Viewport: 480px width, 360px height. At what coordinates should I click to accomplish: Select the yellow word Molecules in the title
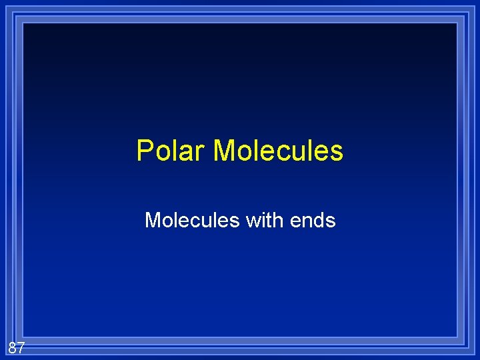pyautogui.click(x=278, y=151)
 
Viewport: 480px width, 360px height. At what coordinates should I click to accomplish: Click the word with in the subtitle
pyautogui.click(x=265, y=220)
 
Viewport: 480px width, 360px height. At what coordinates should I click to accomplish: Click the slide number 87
pyautogui.click(x=17, y=347)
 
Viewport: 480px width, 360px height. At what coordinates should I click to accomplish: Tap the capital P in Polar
pyautogui.click(x=144, y=151)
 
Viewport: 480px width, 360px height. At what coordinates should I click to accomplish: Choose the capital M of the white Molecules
pyautogui.click(x=153, y=220)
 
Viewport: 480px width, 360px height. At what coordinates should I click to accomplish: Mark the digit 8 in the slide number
pyautogui.click(x=13, y=347)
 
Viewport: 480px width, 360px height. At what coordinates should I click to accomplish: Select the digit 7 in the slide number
pyautogui.click(x=21, y=347)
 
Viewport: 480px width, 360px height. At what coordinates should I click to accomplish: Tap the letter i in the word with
pyautogui.click(x=262, y=220)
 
